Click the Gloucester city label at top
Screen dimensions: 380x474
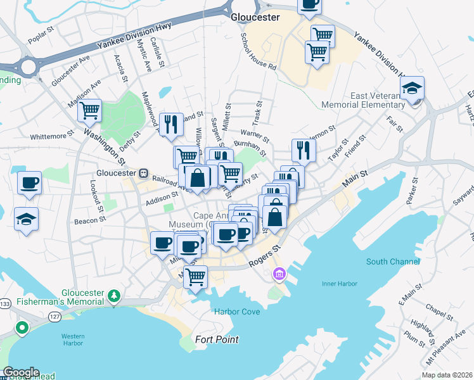coord(255,17)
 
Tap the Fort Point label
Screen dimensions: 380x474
coord(217,339)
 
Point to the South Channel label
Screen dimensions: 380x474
coord(392,262)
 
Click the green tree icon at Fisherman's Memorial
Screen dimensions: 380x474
coord(114,295)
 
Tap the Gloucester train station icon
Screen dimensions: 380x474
coord(144,173)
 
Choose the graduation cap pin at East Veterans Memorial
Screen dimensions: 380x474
coord(413,89)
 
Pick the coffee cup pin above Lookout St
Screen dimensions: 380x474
coord(29,184)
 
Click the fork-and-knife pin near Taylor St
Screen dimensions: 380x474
coord(304,150)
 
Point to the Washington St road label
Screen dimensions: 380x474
coord(105,142)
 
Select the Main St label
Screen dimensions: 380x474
coord(355,178)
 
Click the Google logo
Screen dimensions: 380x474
coord(20,372)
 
